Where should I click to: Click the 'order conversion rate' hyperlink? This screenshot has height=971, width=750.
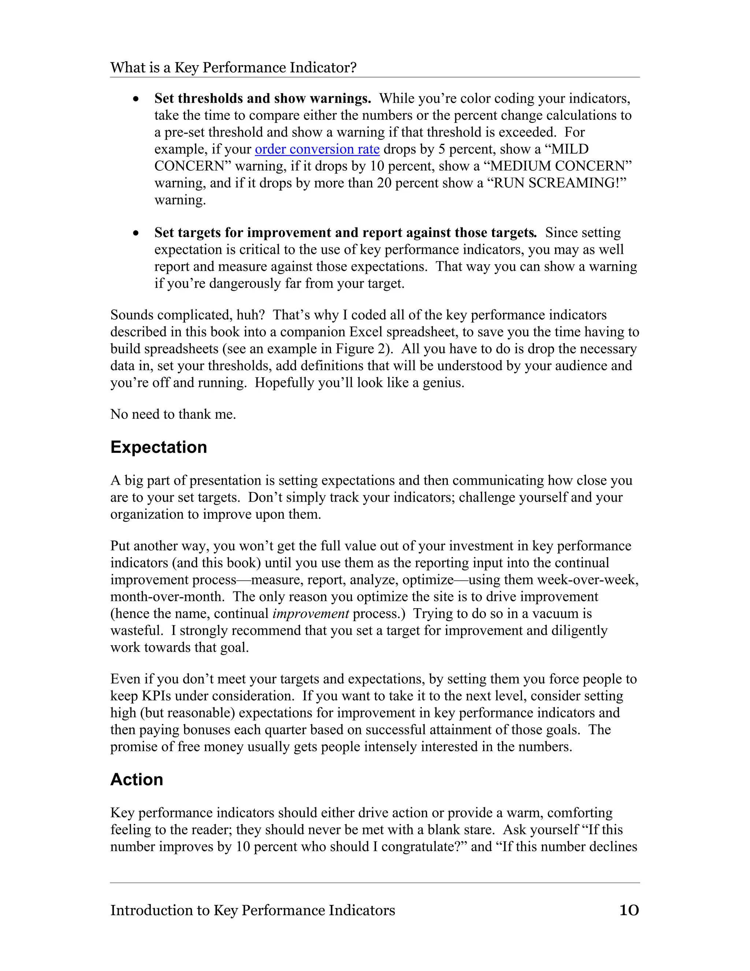317,149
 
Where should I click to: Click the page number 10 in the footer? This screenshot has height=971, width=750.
629,911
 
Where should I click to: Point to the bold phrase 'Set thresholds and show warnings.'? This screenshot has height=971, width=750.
263,98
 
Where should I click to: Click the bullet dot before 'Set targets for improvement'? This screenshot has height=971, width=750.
136,233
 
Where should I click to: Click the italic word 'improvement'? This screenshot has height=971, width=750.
311,614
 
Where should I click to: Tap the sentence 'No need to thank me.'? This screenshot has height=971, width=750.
173,414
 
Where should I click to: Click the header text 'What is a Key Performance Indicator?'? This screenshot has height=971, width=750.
233,67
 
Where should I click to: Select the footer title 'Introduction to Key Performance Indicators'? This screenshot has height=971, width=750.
252,911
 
